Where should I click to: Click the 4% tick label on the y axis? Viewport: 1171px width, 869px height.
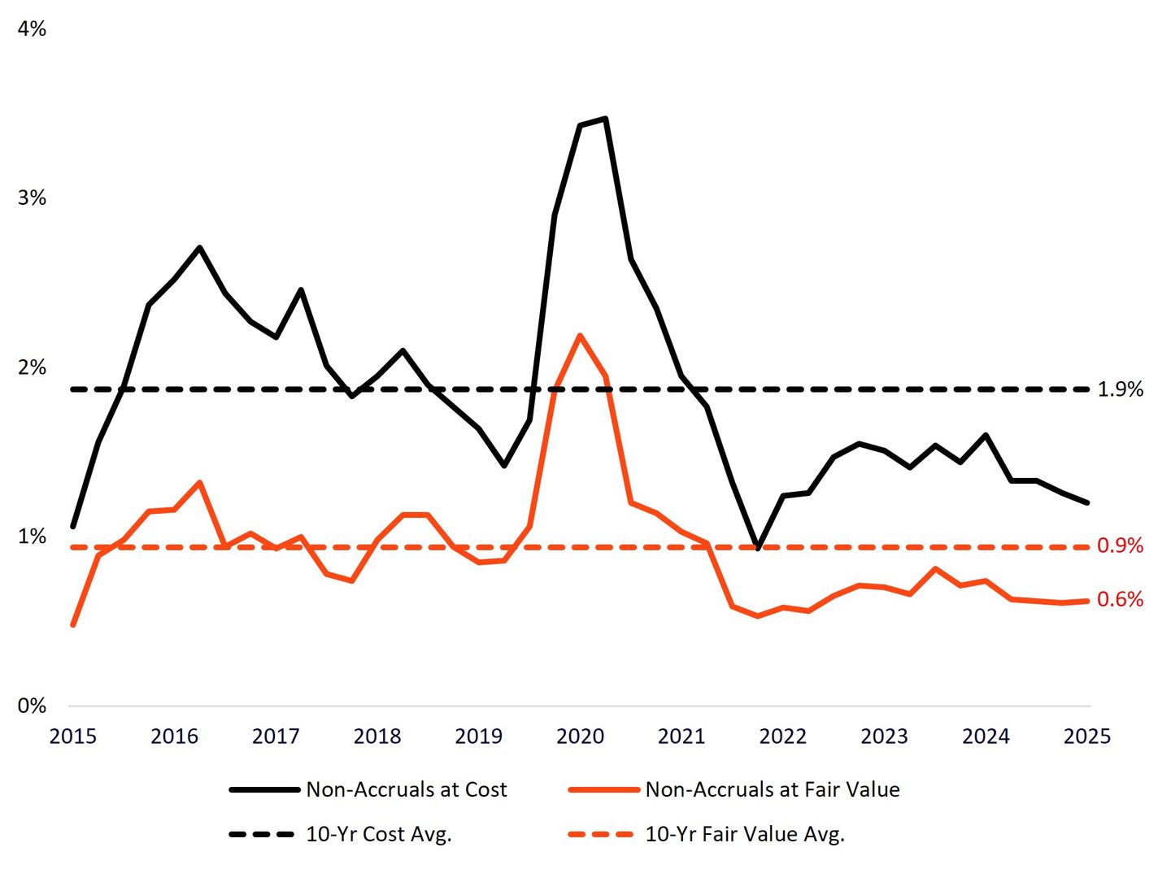click(32, 29)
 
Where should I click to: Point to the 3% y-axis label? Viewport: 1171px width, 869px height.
click(32, 198)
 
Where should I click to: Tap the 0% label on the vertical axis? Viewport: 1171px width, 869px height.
click(32, 706)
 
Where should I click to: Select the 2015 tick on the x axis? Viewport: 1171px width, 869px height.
click(73, 736)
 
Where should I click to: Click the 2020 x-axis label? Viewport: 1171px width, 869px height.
click(580, 736)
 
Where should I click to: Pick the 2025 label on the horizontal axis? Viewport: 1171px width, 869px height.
click(1087, 736)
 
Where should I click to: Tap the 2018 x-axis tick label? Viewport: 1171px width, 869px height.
click(377, 736)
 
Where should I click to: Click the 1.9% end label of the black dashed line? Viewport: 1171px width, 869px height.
click(1120, 390)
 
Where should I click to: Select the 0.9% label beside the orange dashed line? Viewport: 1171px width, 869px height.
click(1120, 545)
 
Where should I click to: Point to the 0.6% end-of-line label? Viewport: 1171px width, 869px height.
click(1120, 600)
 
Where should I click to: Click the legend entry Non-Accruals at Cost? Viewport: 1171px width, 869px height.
click(406, 789)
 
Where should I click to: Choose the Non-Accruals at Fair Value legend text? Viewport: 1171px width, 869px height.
click(772, 789)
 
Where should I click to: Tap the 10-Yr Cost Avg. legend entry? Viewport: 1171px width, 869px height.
click(378, 834)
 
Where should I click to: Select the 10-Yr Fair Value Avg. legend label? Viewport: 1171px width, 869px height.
click(744, 834)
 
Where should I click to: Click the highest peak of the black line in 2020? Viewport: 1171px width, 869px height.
click(605, 119)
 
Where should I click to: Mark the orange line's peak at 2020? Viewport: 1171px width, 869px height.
click(580, 335)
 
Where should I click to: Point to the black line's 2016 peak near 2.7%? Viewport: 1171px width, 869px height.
click(199, 247)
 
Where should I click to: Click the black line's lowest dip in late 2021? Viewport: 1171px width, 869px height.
click(758, 549)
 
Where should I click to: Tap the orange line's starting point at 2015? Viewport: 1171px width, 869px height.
click(73, 625)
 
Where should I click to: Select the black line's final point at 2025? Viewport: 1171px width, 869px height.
click(1087, 502)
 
